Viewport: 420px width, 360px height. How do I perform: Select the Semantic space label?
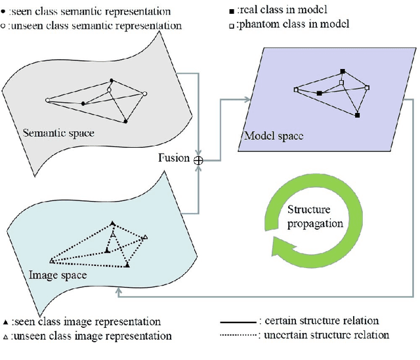click(x=58, y=133)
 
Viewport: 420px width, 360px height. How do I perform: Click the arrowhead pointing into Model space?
click(x=247, y=100)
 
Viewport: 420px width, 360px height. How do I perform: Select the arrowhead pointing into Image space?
click(x=119, y=296)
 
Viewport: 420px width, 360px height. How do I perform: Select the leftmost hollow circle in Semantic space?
click(x=47, y=101)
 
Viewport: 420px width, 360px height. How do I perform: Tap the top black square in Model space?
click(x=342, y=71)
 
